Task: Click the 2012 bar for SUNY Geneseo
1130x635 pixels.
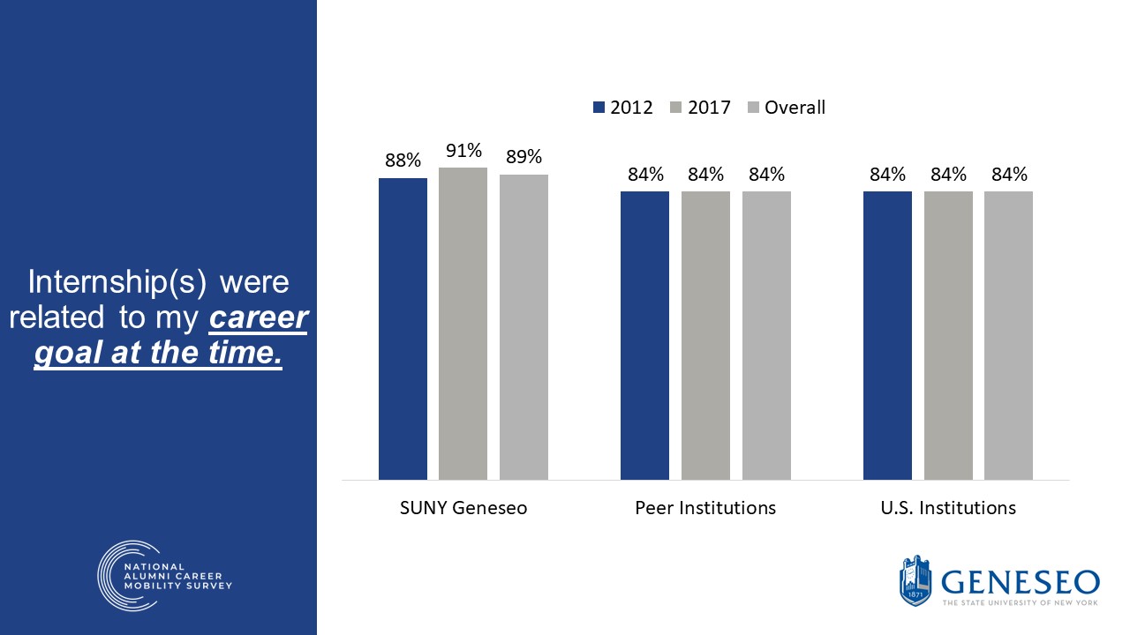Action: [403, 328]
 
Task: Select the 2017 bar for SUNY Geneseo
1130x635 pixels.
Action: [463, 323]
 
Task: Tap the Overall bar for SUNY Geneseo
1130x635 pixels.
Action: [524, 326]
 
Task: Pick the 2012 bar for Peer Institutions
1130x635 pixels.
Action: [644, 335]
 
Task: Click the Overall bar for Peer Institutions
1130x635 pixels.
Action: [766, 335]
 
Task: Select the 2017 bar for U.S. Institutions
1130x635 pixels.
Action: [948, 335]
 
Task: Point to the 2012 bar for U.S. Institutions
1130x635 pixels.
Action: [887, 335]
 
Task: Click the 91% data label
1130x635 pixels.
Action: [463, 150]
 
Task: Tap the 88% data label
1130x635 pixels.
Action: [403, 161]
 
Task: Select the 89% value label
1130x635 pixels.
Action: [524, 157]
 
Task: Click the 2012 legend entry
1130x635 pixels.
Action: [623, 108]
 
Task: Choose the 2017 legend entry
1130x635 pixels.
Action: [701, 108]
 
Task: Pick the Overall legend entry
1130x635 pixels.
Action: [786, 108]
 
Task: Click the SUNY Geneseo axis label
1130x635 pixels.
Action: [463, 508]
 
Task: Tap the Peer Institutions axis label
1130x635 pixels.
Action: [705, 508]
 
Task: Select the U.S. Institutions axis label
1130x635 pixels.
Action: [948, 508]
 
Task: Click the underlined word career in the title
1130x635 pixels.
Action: [258, 317]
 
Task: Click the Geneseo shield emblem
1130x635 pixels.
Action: [915, 581]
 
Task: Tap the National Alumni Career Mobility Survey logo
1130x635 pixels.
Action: [164, 575]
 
